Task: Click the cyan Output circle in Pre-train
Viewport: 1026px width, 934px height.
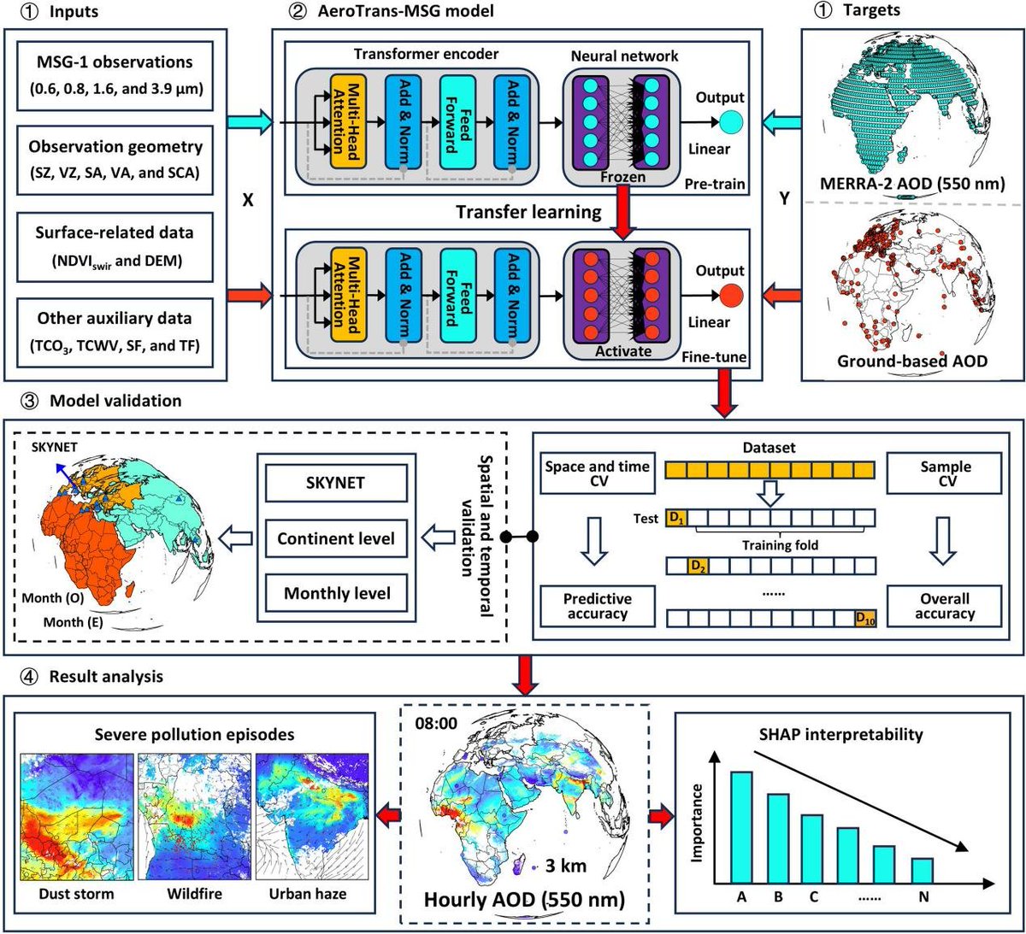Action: [x=731, y=122]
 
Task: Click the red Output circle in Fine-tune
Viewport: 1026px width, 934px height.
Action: [x=731, y=296]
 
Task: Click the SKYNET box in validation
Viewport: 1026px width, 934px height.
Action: [x=336, y=483]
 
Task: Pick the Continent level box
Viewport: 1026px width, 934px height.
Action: [x=336, y=538]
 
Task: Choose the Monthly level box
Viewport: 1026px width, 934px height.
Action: [x=336, y=593]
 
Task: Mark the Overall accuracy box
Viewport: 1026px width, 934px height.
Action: [x=946, y=606]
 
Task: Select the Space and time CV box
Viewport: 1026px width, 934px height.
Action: [x=598, y=473]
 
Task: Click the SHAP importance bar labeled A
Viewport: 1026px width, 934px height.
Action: [x=741, y=826]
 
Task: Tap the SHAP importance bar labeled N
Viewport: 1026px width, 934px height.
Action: [x=922, y=870]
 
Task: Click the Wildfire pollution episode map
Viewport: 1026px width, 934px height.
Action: [x=194, y=818]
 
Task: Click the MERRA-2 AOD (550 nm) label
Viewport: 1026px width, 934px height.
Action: [x=911, y=183]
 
